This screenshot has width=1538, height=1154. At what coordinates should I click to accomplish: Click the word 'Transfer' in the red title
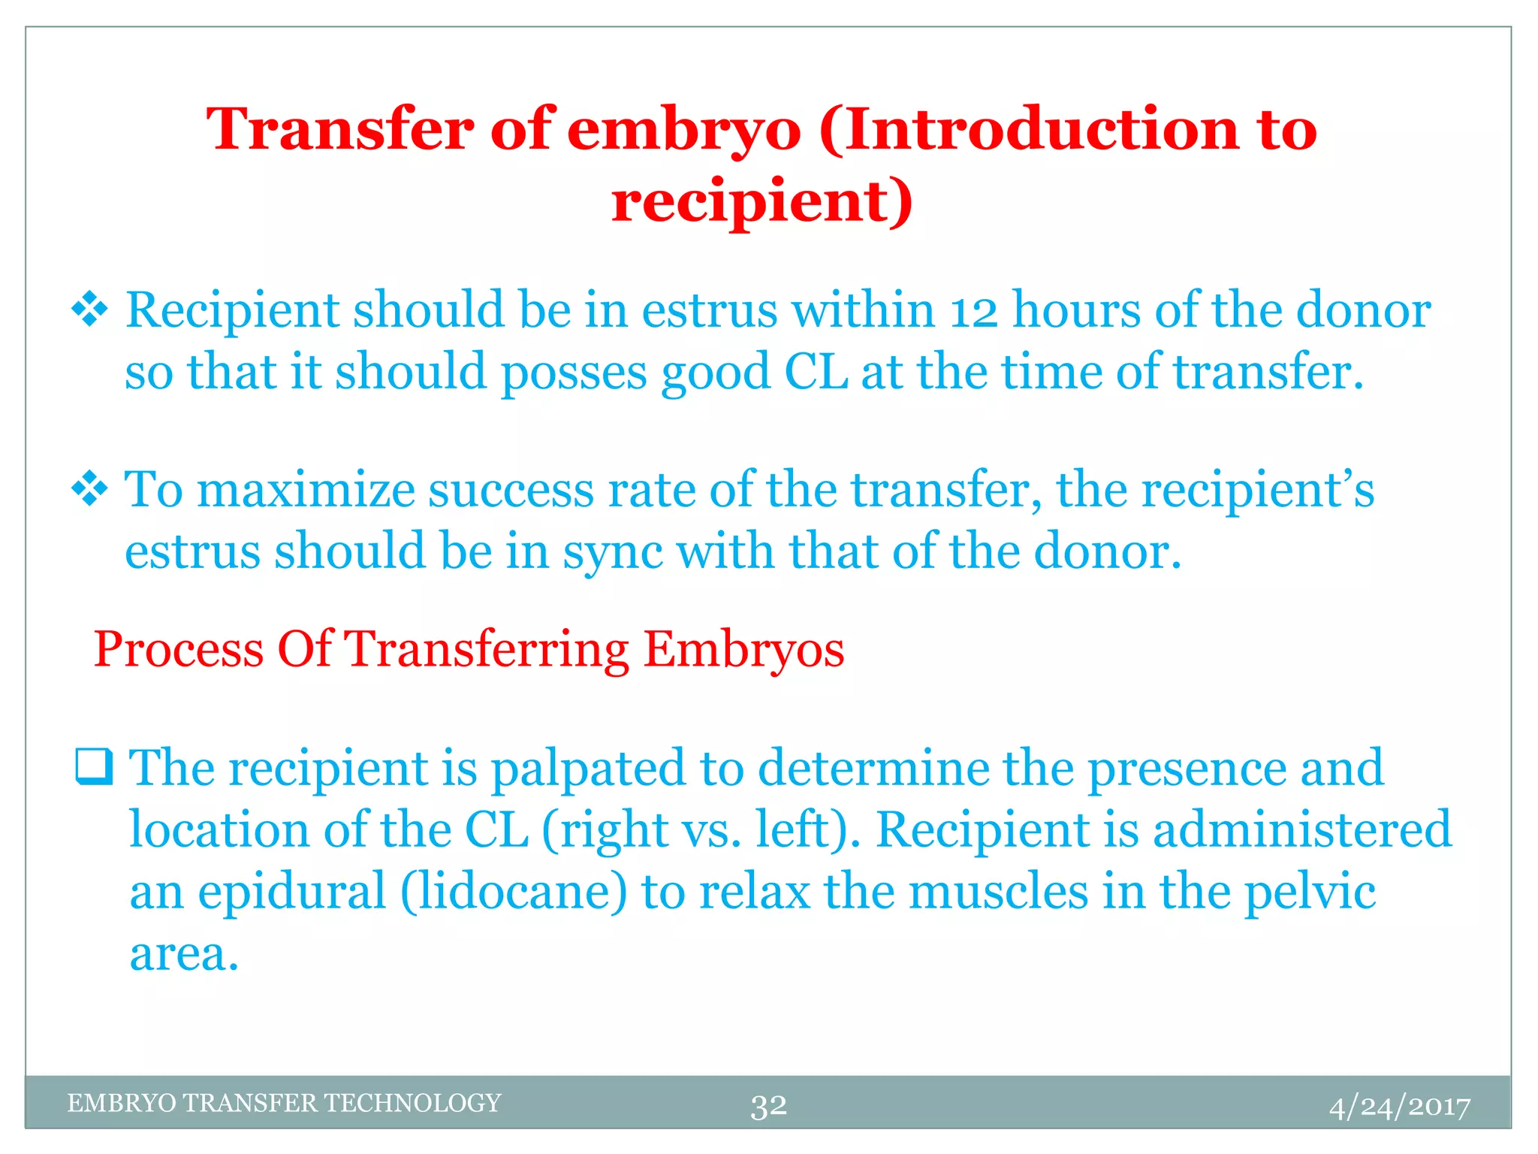(x=339, y=129)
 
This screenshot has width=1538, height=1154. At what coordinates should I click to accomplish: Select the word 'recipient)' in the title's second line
(x=761, y=201)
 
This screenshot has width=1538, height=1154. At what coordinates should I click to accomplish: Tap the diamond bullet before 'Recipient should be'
(x=89, y=310)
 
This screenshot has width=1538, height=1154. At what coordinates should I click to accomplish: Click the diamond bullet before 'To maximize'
(x=89, y=490)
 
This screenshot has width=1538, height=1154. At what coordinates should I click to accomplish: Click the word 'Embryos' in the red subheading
(x=743, y=649)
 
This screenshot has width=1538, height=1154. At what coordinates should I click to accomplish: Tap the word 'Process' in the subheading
(x=178, y=649)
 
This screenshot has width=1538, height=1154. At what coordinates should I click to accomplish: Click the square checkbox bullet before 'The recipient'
(x=94, y=767)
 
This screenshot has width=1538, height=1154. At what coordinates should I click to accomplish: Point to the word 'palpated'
(x=588, y=769)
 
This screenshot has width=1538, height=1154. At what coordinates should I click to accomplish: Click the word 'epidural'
(x=291, y=892)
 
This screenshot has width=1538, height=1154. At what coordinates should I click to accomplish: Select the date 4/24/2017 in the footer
(x=1399, y=1107)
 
